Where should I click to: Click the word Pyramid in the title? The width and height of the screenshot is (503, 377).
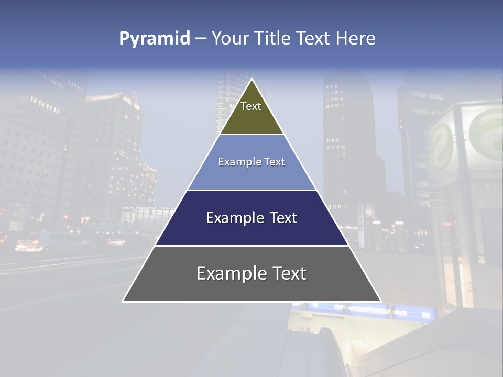(x=154, y=39)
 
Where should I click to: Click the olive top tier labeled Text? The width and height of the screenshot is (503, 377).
(x=251, y=113)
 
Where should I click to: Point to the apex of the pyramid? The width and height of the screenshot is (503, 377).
(x=252, y=79)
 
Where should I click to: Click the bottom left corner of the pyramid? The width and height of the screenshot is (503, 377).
(x=123, y=301)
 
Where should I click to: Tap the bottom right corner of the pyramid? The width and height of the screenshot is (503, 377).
(x=380, y=301)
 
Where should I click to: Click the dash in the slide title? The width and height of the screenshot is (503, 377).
(x=201, y=39)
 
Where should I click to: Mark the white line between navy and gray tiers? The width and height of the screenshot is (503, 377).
(x=251, y=246)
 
